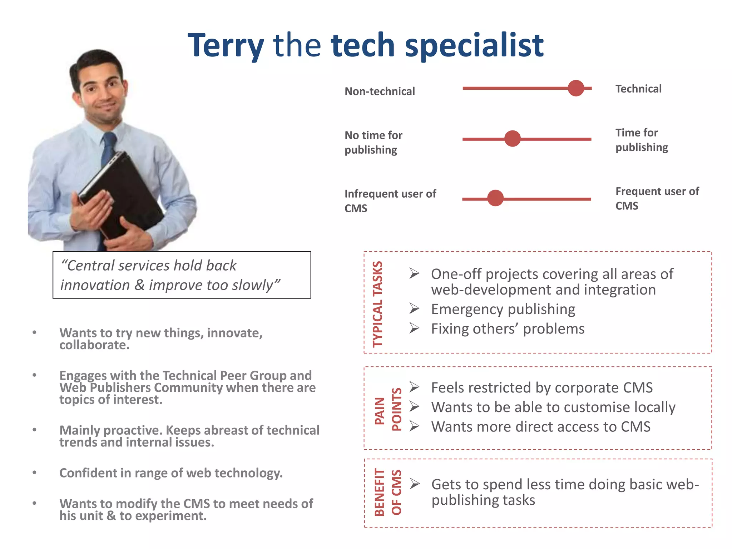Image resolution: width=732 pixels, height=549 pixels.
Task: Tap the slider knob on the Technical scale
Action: click(576, 88)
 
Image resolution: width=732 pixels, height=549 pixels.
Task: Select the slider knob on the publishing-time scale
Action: click(513, 139)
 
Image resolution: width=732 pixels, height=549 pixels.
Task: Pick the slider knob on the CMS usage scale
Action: click(495, 198)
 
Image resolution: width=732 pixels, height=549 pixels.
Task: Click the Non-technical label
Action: click(380, 91)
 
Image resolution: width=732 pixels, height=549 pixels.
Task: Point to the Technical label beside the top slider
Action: click(638, 89)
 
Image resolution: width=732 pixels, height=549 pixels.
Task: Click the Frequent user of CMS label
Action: click(657, 198)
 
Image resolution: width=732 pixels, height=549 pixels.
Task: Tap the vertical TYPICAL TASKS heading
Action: click(378, 304)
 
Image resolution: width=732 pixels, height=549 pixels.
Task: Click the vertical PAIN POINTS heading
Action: click(388, 410)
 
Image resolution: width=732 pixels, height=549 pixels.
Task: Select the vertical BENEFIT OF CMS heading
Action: click(388, 492)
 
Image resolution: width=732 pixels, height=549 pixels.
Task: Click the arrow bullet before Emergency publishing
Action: click(414, 308)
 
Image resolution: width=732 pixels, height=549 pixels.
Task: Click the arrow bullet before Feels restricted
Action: click(414, 387)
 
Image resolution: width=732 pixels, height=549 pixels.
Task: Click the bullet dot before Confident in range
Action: click(34, 473)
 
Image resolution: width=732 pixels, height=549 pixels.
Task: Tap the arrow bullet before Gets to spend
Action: click(415, 484)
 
